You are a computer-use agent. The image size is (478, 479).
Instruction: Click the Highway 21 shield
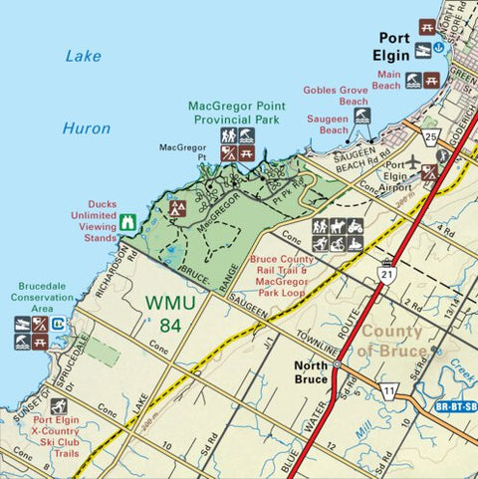[385, 273]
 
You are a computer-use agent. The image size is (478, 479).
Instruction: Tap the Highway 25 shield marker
[430, 135]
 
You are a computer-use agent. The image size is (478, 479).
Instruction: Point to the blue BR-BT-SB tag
[456, 406]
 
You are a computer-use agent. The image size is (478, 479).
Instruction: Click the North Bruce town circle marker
[337, 364]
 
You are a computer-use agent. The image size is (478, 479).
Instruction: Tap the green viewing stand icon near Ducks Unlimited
[127, 223]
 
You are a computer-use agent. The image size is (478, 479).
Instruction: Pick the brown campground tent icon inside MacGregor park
[178, 208]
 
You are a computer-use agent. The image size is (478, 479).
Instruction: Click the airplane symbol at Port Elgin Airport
[414, 162]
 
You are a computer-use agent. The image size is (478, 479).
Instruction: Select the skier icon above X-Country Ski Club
[59, 406]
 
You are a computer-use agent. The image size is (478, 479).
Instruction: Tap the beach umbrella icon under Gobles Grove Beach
[362, 116]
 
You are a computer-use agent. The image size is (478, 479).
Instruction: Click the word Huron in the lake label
[87, 128]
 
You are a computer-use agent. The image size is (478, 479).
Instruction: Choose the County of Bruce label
[405, 341]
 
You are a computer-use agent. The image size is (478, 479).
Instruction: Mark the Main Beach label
[388, 80]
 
